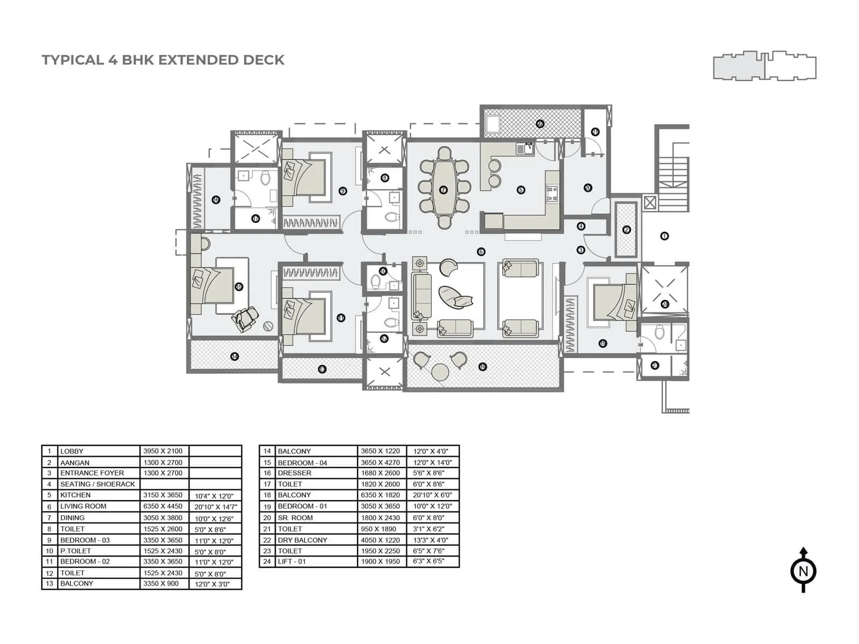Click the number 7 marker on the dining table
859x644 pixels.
coord(443,189)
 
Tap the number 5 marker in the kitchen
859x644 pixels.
coord(520,189)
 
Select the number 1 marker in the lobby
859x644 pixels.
coord(665,236)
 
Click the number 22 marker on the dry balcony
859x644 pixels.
coord(540,123)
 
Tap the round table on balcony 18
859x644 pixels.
coord(441,371)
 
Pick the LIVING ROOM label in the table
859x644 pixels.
coord(83,506)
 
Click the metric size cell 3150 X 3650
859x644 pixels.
coord(163,495)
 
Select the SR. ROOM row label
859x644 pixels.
coord(295,517)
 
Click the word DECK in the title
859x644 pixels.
coord(264,60)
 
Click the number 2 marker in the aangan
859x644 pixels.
coord(627,230)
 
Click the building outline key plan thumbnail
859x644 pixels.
coord(765,67)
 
